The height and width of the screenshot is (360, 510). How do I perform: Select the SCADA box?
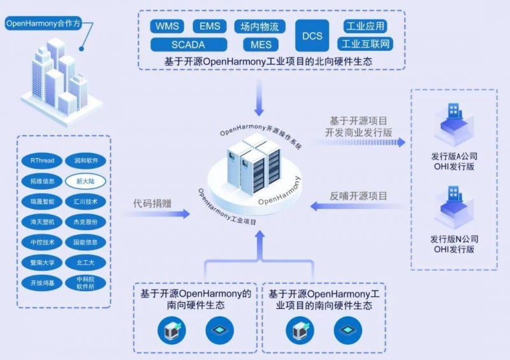coord(189,45)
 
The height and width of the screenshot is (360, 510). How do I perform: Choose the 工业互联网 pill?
coord(366,45)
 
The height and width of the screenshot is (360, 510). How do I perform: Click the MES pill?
coord(261,45)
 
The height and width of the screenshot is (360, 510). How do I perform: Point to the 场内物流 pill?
coord(259,26)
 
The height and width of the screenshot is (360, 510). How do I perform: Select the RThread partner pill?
coord(42,161)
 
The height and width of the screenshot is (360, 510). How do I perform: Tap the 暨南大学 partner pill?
coord(42,262)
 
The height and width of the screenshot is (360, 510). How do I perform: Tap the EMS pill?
coord(210,26)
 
